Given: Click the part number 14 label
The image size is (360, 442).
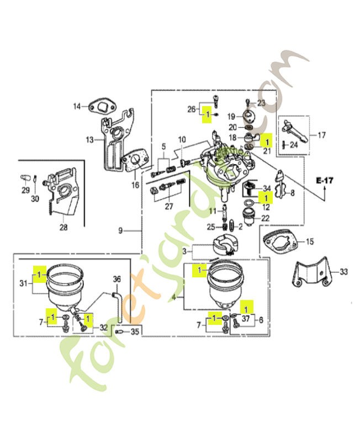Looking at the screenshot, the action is [77, 106].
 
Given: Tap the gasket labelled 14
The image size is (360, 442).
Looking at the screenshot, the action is [103, 107].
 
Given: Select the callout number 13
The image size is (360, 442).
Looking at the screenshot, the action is [89, 140].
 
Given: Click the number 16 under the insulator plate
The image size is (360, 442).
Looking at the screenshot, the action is [135, 185].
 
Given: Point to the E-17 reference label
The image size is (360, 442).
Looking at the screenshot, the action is [325, 180].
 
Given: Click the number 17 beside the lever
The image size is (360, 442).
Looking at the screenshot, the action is [321, 135].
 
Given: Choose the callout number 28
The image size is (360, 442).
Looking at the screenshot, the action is [63, 227].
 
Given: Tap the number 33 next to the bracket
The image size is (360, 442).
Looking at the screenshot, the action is [343, 272].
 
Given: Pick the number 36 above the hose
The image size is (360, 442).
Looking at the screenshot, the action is [117, 279].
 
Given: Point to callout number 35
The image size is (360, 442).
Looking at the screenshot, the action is [135, 331].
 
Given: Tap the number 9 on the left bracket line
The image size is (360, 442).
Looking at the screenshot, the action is [120, 231].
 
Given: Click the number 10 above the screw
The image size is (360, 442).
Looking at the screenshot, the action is [182, 139].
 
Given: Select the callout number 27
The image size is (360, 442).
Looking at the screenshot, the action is [169, 206].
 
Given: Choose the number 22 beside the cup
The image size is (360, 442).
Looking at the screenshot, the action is [266, 218].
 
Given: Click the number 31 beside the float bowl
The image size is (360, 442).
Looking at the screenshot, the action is [24, 283].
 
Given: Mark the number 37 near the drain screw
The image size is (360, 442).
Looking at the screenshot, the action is [246, 319].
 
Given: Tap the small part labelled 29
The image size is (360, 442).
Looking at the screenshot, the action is [25, 178].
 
